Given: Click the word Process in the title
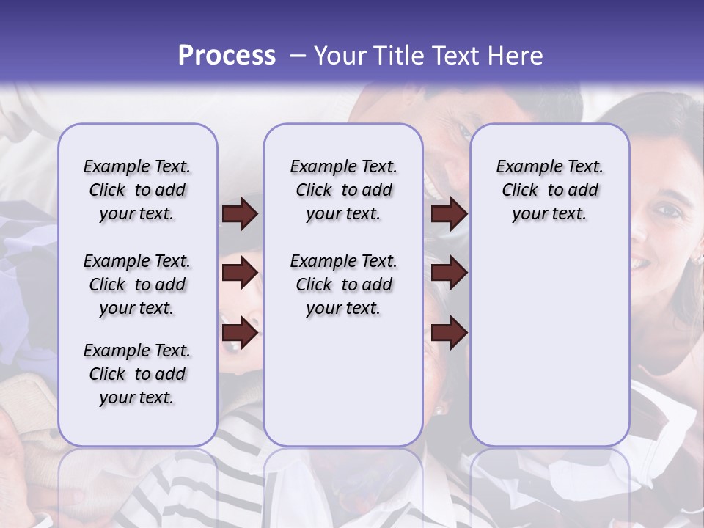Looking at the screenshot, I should click(227, 56).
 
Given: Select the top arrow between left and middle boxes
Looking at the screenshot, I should click(240, 213).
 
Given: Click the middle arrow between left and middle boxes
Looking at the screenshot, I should click(240, 274).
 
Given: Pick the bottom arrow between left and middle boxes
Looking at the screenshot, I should click(240, 333).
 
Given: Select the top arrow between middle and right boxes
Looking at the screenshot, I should click(449, 213).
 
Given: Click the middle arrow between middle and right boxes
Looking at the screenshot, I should click(449, 274).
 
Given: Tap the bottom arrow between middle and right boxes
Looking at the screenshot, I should click(449, 333).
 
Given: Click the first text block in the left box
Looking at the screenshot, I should click(137, 190).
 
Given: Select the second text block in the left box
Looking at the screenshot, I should click(137, 285).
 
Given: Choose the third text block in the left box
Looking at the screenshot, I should click(137, 374).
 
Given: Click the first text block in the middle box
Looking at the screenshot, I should click(343, 190).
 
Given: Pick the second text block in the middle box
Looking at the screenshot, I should click(343, 285).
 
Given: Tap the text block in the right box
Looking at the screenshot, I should click(549, 190).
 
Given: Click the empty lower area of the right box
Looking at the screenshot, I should click(549, 345).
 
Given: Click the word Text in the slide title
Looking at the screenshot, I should click(456, 56).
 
